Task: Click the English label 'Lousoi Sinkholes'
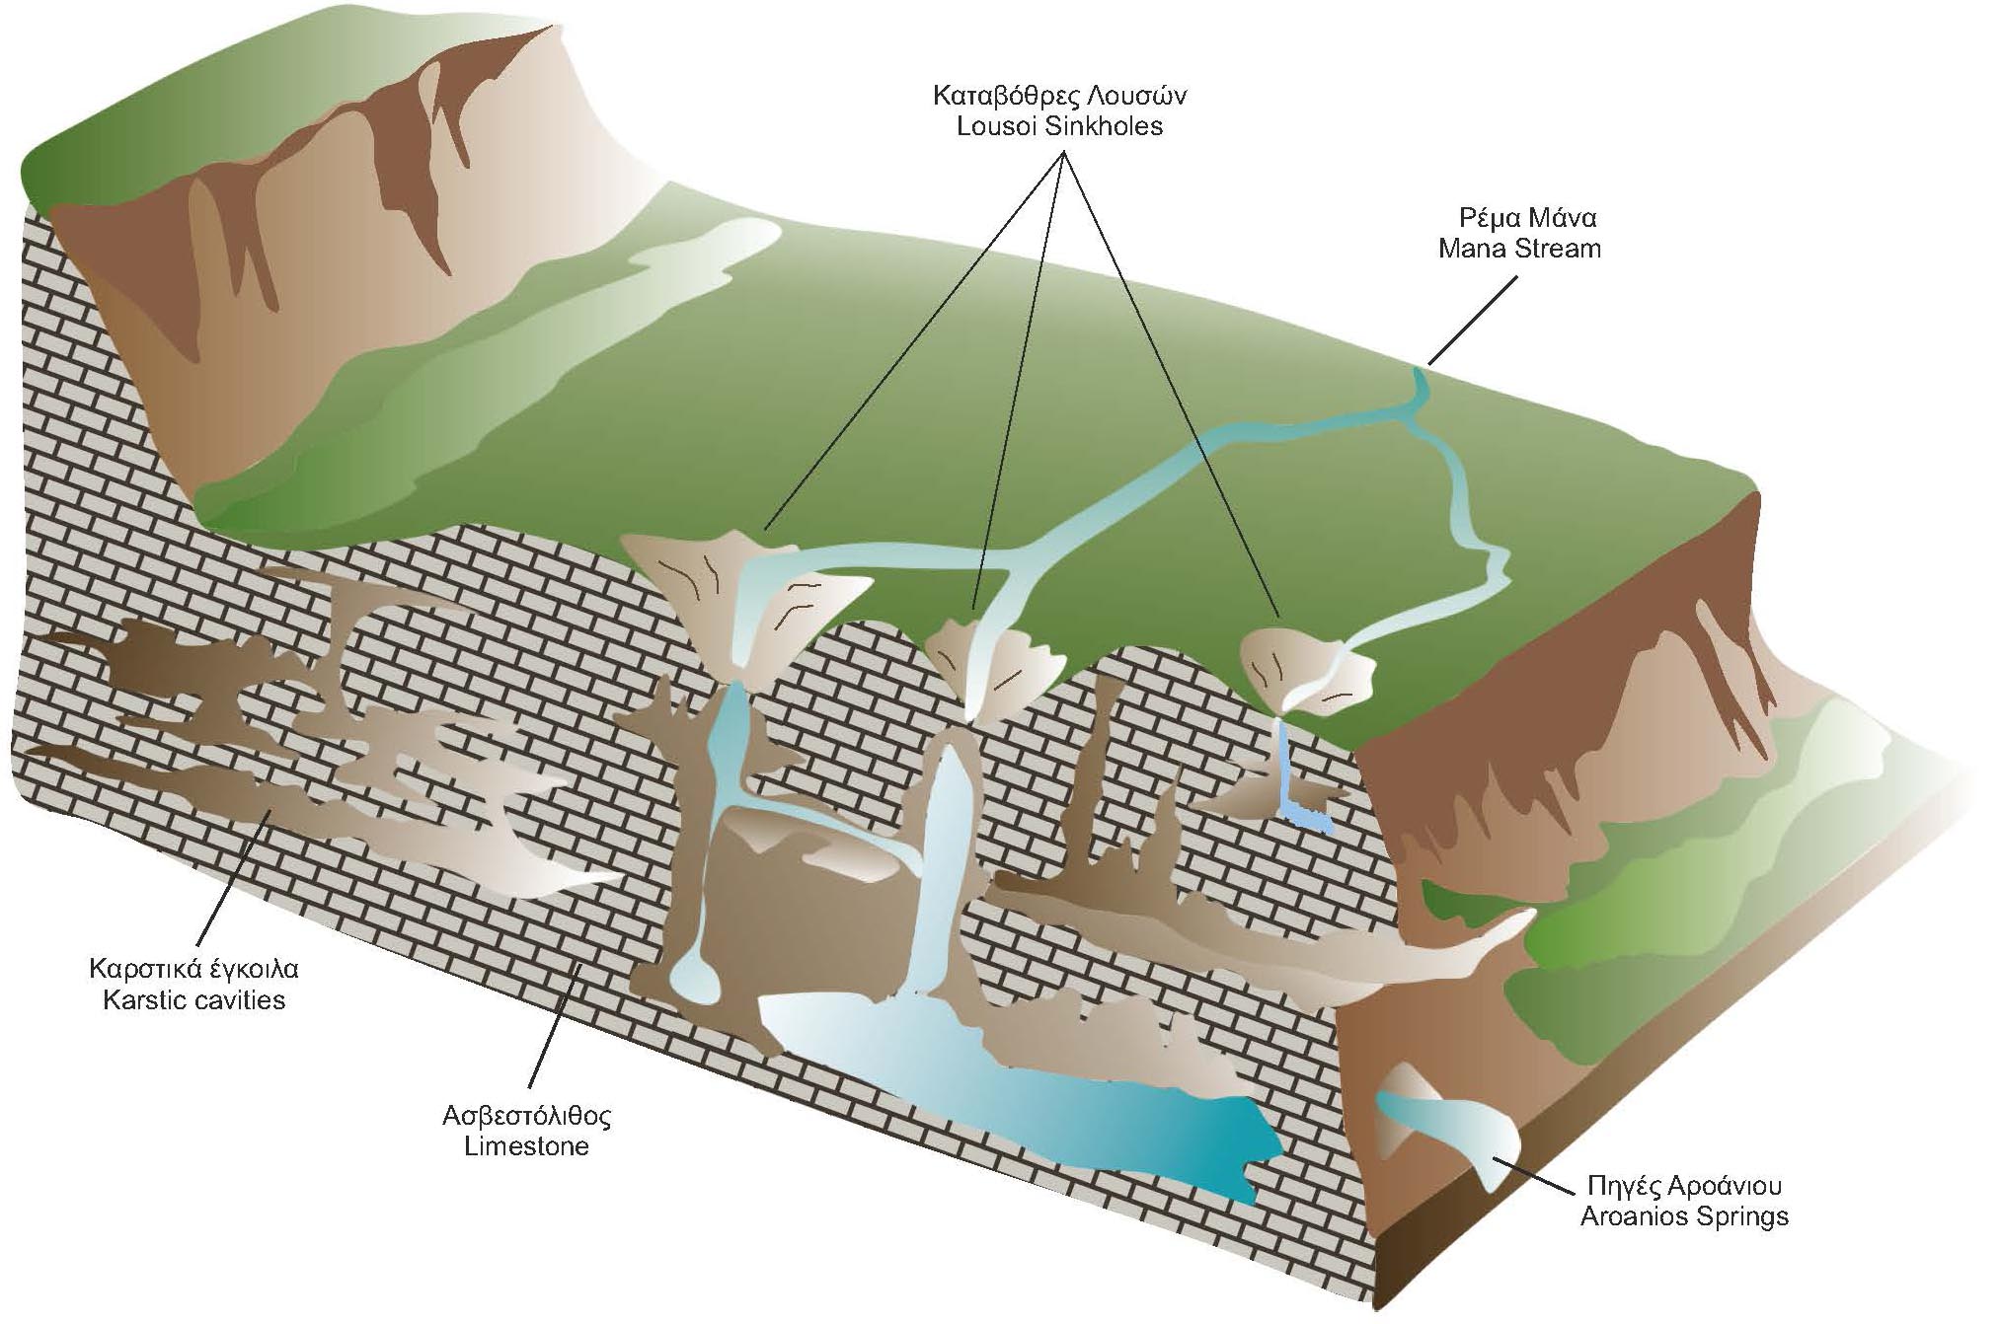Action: coord(1059,126)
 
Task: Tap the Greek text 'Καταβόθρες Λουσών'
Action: coord(1059,96)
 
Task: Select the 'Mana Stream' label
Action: coord(1519,248)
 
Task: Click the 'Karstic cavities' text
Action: coord(194,999)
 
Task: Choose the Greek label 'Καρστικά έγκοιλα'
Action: coord(193,969)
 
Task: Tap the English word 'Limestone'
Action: coord(526,1146)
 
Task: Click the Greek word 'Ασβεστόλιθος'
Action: coord(527,1116)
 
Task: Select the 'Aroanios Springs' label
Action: coord(1684,1215)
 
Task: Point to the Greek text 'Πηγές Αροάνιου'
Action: coord(1684,1185)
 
